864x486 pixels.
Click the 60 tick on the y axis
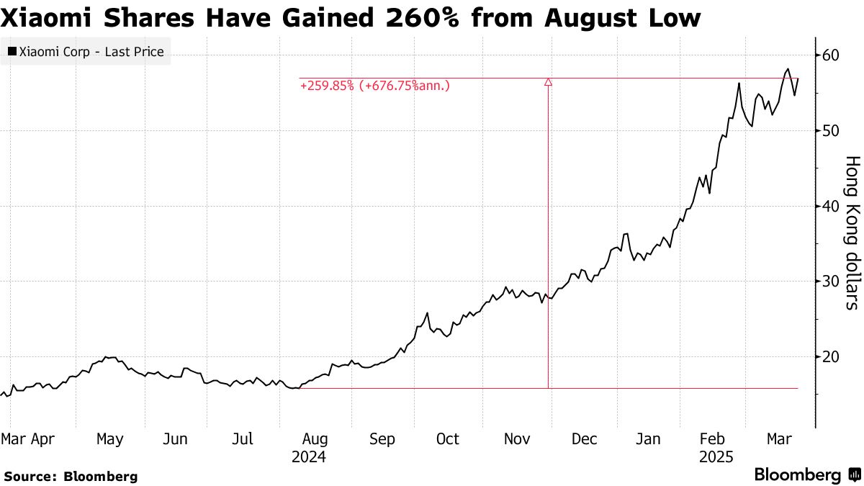tap(833, 55)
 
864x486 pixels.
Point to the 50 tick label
tap(833, 130)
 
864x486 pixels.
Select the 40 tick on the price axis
tap(833, 206)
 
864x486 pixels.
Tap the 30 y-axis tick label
tap(833, 281)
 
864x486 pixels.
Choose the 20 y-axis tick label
tap(833, 356)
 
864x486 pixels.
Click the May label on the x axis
tap(110, 439)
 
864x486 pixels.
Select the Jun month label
tap(176, 439)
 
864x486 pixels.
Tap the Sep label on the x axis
tap(382, 439)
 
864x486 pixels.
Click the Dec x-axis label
tap(584, 439)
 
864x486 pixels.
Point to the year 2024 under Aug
tap(309, 457)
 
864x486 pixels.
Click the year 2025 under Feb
tap(715, 457)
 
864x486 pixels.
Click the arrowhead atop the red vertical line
tap(549, 83)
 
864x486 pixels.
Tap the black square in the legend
tap(12, 52)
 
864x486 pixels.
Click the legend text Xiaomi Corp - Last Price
tap(91, 52)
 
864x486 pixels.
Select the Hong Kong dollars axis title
tap(851, 233)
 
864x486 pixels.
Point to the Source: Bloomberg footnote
tap(71, 476)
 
